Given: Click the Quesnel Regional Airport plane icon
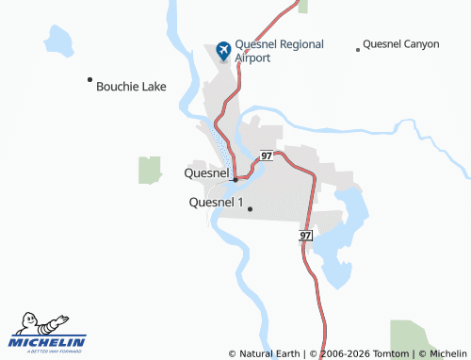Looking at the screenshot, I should (223, 50).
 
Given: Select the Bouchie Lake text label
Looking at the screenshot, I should (131, 87).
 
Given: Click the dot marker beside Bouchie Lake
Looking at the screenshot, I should (89, 79).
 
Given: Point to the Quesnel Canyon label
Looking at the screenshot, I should (400, 44).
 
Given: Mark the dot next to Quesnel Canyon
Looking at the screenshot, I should (357, 49).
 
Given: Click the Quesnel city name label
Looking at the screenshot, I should (206, 173).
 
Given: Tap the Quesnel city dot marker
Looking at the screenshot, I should (235, 178).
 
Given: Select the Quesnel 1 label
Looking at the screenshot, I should (216, 203).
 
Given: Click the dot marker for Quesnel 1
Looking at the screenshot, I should (250, 208).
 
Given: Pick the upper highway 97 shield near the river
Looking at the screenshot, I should (268, 155).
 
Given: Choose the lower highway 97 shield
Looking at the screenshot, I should (306, 234).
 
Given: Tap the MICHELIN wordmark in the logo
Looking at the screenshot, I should (47, 341).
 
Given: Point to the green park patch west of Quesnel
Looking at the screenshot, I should (149, 171).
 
